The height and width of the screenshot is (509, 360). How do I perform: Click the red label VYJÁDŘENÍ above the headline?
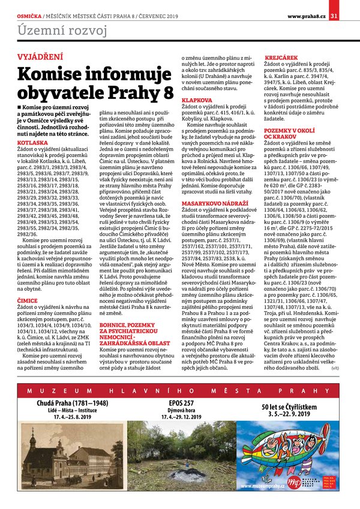click(39, 58)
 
